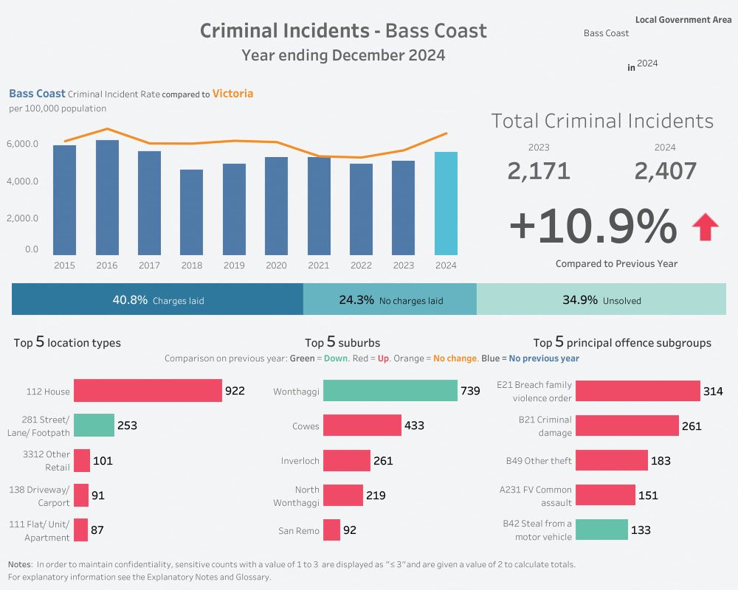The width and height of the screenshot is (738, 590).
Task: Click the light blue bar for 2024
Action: click(x=446, y=204)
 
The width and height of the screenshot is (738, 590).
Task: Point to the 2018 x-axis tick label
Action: click(x=191, y=265)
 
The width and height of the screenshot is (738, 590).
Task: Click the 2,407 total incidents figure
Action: click(x=665, y=171)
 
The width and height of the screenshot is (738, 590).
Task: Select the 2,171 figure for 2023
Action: click(x=539, y=171)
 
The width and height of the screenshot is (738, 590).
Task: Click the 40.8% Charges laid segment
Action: click(x=157, y=300)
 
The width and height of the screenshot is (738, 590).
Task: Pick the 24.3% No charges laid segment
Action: click(x=390, y=300)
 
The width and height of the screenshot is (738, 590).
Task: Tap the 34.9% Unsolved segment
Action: click(x=601, y=300)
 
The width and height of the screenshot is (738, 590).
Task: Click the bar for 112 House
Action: click(x=148, y=391)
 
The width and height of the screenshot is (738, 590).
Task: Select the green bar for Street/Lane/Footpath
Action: click(x=94, y=426)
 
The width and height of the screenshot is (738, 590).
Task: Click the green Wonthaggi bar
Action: click(x=390, y=391)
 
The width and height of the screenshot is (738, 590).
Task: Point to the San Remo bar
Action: click(x=331, y=530)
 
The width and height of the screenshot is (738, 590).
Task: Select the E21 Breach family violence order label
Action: click(x=534, y=391)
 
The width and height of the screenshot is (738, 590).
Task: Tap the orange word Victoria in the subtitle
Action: click(x=232, y=94)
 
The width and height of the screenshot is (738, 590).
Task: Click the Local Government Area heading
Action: click(x=683, y=20)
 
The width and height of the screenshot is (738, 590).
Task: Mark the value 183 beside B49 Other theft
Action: click(x=661, y=461)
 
